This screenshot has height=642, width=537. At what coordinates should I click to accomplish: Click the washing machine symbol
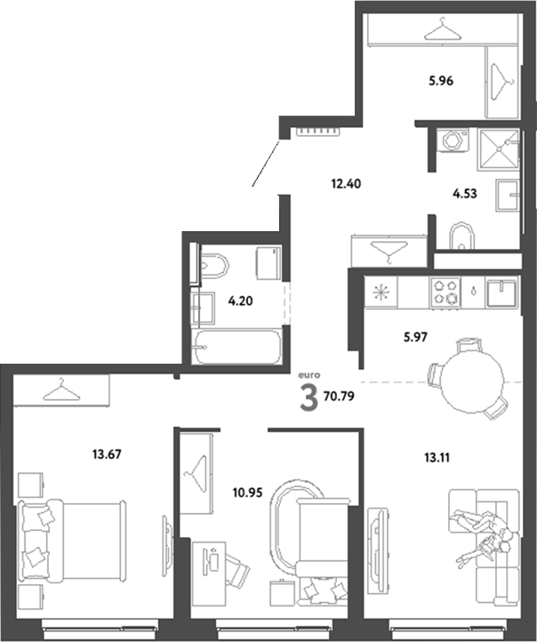451,140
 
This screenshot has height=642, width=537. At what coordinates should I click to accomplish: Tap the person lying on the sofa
482,534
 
